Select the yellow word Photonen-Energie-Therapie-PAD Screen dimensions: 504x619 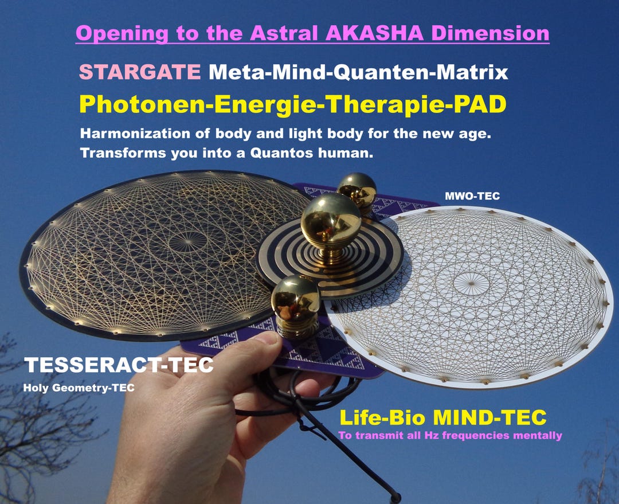293,104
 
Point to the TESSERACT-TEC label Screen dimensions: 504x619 119,365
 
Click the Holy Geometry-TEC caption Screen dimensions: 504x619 79,388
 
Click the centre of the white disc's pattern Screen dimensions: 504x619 471,282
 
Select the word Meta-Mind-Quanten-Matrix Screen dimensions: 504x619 358,73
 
